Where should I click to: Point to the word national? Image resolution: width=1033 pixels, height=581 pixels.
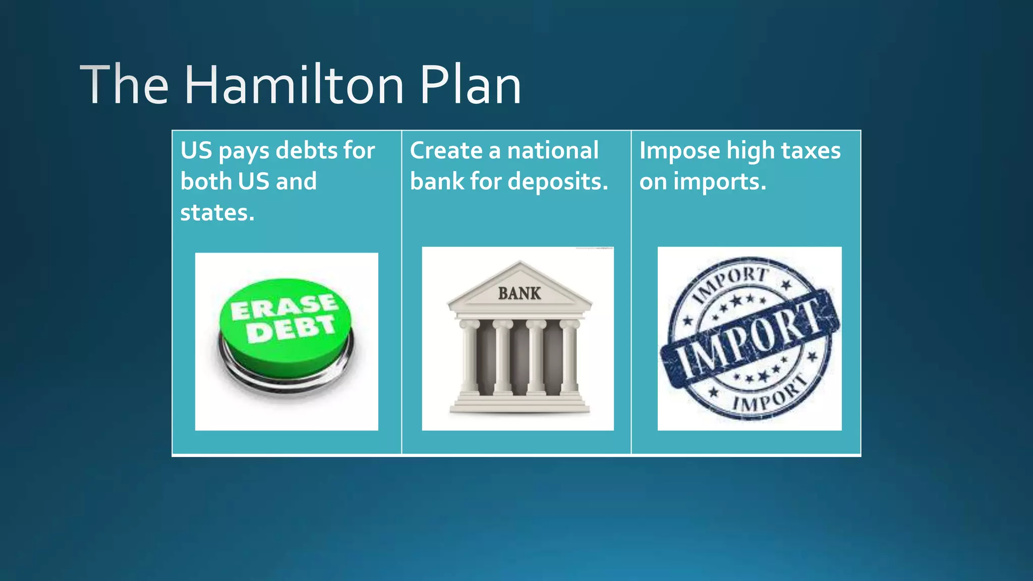(x=553, y=151)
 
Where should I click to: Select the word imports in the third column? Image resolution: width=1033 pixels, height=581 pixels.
(x=720, y=182)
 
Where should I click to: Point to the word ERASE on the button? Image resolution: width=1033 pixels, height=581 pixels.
(x=283, y=307)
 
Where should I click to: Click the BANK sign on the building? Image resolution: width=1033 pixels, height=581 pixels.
(x=520, y=294)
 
